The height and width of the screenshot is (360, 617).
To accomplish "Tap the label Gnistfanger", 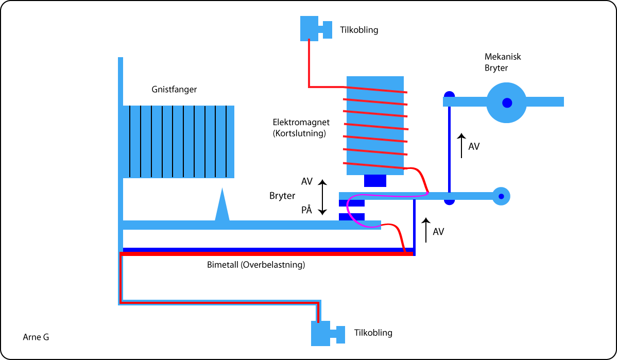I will pos(174,90).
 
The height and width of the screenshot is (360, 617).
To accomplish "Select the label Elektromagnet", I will pos(301,123).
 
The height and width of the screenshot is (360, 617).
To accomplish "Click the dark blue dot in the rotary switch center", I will pos(507,102).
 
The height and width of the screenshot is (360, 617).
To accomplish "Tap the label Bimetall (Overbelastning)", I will pos(256,266).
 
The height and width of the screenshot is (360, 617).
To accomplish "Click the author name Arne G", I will pos(36,337).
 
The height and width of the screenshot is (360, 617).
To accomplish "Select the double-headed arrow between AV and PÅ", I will pos(322,197).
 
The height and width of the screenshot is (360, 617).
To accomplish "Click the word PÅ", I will pos(307,210).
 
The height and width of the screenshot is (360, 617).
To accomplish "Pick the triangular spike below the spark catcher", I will pos(222,205).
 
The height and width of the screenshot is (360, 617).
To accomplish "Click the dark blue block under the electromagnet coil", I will pos(375,181).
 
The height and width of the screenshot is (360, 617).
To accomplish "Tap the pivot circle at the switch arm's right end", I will pos(500,196).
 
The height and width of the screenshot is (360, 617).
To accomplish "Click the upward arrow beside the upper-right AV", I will pos(461,146).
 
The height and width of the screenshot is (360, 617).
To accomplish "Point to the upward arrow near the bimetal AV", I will pos(425,231).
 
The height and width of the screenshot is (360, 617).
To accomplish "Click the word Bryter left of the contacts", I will pos(282,196).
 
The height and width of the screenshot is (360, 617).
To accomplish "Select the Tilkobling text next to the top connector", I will pos(359,30).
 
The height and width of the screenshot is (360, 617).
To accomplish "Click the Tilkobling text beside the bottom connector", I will pos(373,333).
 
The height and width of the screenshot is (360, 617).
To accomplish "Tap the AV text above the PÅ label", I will pos(307,181).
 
